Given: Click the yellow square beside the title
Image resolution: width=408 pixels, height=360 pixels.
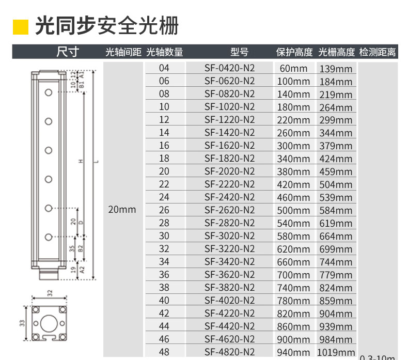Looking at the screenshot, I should (20, 26).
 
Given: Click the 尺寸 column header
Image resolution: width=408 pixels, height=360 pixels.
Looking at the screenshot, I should (67, 52).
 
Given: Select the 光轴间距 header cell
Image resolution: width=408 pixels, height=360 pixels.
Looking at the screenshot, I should (123, 52).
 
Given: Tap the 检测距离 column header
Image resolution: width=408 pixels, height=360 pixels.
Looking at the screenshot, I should (378, 52).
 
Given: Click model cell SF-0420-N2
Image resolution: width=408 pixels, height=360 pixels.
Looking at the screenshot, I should (229, 68).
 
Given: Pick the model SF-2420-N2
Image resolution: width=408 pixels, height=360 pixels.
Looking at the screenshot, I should (229, 197).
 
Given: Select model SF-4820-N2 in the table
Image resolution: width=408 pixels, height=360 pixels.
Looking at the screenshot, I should (229, 352).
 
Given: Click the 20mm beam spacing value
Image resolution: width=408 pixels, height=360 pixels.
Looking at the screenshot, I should (122, 209).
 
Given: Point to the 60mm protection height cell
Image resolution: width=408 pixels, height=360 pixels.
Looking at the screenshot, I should (293, 68).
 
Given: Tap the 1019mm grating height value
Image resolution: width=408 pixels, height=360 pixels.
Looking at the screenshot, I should (336, 352).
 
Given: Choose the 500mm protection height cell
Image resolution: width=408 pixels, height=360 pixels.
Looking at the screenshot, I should (293, 210).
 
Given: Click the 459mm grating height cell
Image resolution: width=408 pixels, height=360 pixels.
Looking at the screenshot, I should (336, 171).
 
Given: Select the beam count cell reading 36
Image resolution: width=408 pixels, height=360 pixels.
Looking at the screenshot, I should (164, 274).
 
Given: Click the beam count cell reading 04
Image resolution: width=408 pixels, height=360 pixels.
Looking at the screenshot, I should (164, 68).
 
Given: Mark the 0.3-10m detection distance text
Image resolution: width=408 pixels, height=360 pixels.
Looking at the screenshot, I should (378, 357).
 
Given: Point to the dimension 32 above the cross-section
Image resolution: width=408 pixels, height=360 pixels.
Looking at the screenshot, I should (50, 293).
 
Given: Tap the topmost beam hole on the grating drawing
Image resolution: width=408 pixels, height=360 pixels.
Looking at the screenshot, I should (49, 92).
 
